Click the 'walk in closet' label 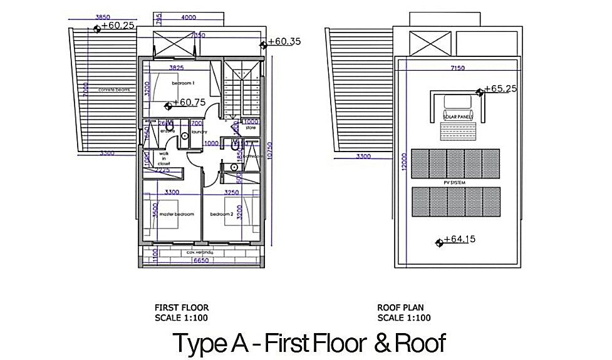(164, 158)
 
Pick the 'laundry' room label (199, 131)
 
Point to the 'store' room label (251, 128)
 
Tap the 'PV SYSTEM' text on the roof (455, 183)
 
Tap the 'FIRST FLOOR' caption (182, 308)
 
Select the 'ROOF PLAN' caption (401, 308)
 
